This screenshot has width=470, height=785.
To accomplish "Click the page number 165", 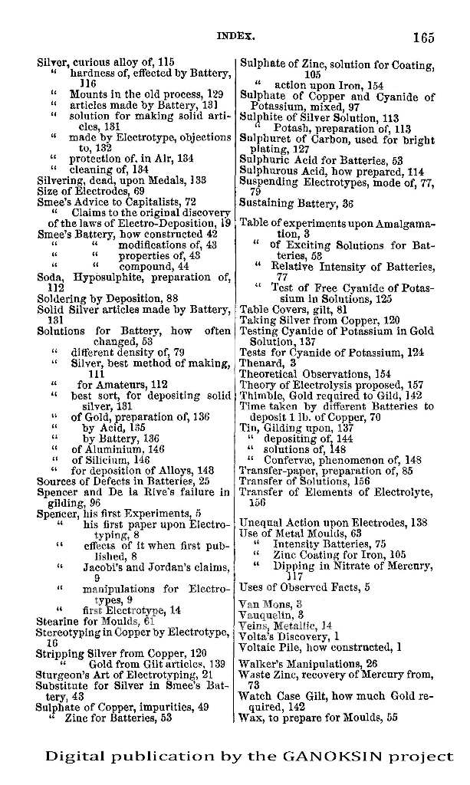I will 422,37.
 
